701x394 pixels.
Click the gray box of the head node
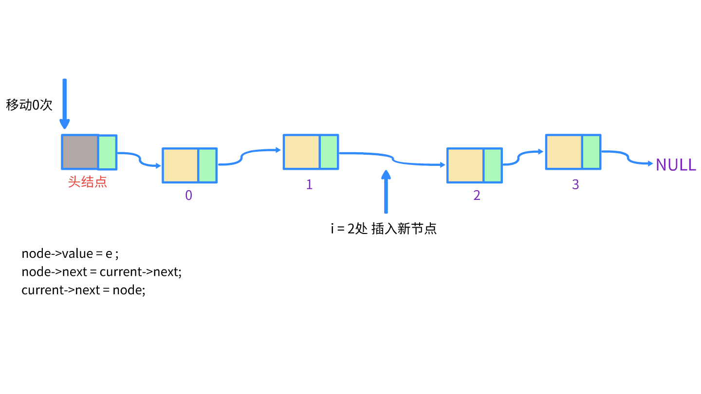[80, 152]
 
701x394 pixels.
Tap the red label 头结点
[88, 182]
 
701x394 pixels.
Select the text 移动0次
[29, 105]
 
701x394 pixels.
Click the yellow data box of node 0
[181, 165]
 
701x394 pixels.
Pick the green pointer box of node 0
[207, 165]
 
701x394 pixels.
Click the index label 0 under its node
[189, 196]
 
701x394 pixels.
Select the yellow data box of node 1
[302, 152]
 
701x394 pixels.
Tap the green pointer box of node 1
[329, 152]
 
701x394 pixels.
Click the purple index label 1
[309, 185]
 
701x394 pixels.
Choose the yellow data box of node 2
[465, 165]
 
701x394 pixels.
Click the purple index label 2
[477, 196]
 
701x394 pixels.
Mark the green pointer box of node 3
[591, 152]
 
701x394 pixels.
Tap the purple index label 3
[575, 185]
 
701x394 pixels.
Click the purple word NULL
[676, 165]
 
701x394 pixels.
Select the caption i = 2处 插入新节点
[384, 229]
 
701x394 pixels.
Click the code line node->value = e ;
[70, 253]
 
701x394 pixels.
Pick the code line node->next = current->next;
[101, 272]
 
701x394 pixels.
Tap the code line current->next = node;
[83, 290]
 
